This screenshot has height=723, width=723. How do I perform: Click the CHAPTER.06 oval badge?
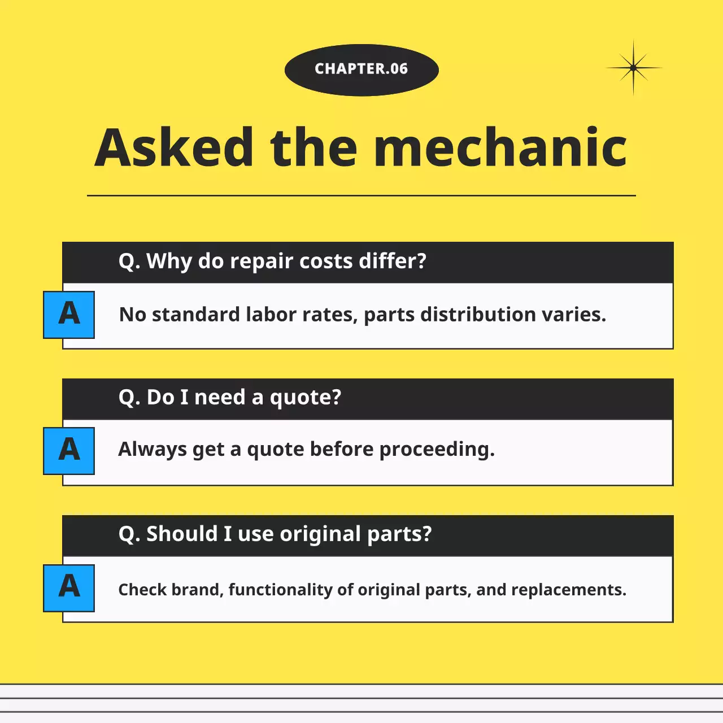pyautogui.click(x=361, y=70)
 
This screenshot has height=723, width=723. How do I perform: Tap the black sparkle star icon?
pyautogui.click(x=633, y=68)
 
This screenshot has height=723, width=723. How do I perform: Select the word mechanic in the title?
pyautogui.click(x=500, y=147)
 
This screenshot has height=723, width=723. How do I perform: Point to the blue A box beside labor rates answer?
pyautogui.click(x=69, y=315)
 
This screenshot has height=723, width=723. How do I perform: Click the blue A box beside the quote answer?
pyautogui.click(x=69, y=451)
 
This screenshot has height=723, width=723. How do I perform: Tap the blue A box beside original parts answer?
pyautogui.click(x=69, y=588)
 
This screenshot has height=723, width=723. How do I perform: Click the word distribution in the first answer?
pyautogui.click(x=478, y=315)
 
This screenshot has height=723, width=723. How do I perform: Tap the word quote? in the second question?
pyautogui.click(x=306, y=398)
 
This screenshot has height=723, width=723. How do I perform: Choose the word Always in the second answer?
pyautogui.click(x=153, y=450)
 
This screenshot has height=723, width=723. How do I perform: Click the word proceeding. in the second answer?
pyautogui.click(x=437, y=450)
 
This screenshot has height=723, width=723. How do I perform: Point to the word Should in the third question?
pyautogui.click(x=182, y=534)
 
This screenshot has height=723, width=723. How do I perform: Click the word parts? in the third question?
pyautogui.click(x=399, y=534)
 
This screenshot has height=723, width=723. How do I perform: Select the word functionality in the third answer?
pyautogui.click(x=281, y=590)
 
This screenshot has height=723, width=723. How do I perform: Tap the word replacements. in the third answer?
pyautogui.click(x=569, y=590)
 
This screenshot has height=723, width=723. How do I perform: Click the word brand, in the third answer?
pyautogui.click(x=198, y=590)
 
